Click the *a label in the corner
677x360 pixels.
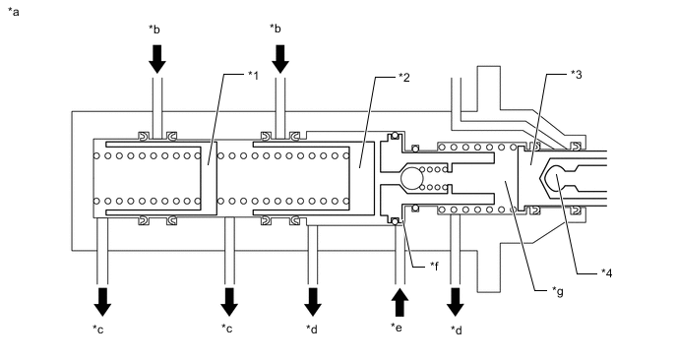point(14,12)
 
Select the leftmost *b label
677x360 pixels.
point(154,29)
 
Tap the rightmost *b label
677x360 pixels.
point(276,29)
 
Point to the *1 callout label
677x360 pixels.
point(253,75)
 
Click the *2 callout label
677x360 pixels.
point(404,78)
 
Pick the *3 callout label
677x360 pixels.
point(577,74)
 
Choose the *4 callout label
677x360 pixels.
point(606,272)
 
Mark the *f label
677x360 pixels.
point(434,266)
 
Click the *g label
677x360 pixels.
point(558,292)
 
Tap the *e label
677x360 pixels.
point(397,328)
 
